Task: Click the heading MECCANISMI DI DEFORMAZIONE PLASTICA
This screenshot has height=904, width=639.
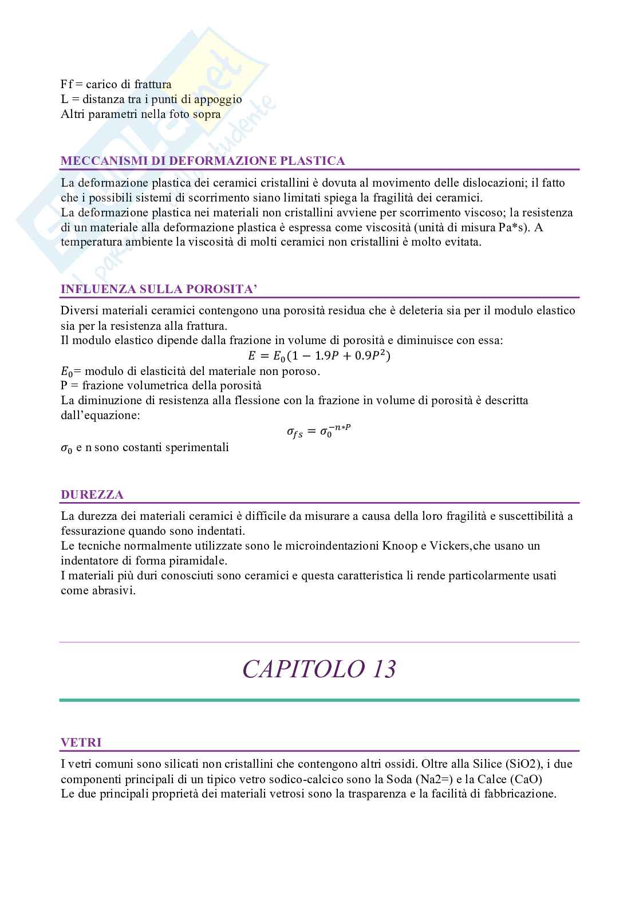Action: pyautogui.click(x=203, y=161)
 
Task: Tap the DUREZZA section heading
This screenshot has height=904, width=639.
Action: pyautogui.click(x=92, y=495)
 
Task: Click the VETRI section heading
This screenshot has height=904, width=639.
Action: pyautogui.click(x=81, y=743)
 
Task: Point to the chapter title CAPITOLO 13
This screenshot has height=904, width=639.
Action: pyautogui.click(x=319, y=669)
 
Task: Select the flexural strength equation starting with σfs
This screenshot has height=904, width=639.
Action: pyautogui.click(x=318, y=430)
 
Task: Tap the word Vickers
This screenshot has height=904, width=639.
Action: pyautogui.click(x=449, y=546)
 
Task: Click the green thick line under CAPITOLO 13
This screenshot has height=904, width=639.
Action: pyautogui.click(x=319, y=700)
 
